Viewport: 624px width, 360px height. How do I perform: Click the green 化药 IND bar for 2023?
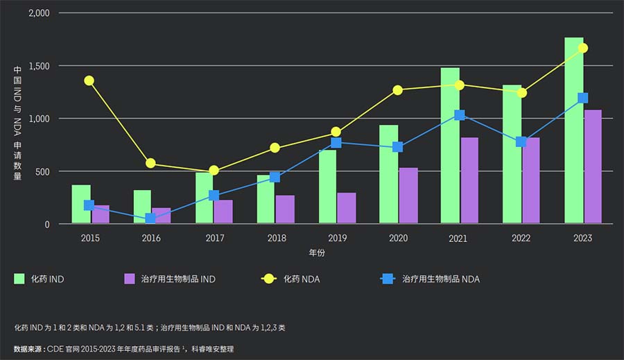(573, 132)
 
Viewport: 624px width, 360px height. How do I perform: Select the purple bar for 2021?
(469, 180)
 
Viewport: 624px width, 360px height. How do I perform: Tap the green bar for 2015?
(81, 204)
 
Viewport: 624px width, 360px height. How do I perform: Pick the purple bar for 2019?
(347, 208)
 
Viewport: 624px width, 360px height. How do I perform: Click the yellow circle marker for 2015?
(89, 80)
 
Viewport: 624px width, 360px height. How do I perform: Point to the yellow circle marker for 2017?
(214, 171)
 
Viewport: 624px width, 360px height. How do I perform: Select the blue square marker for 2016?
(151, 218)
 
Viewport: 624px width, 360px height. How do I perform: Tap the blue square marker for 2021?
(459, 115)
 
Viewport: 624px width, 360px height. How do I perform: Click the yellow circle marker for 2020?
(398, 90)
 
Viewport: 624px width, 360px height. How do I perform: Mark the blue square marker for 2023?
(583, 98)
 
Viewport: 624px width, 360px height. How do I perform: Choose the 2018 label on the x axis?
(276, 238)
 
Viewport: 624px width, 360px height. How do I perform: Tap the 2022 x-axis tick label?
(521, 238)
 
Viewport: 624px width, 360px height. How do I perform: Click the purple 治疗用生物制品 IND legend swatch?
(129, 279)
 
